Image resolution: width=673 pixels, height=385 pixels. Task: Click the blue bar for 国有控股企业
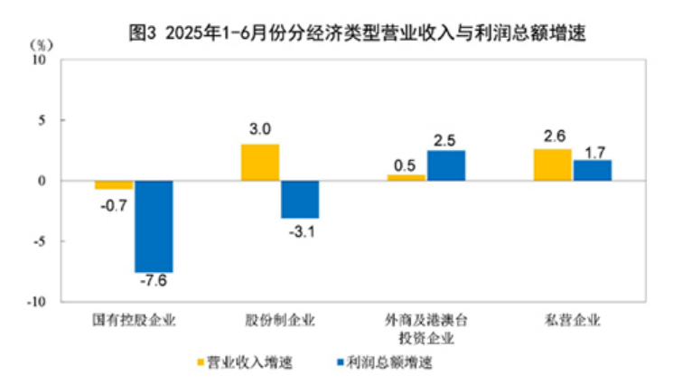154,226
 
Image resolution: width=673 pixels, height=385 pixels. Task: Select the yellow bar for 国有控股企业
114,185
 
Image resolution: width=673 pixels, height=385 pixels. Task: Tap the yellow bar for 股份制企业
260,163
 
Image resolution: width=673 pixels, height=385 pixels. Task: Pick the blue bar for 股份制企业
299,200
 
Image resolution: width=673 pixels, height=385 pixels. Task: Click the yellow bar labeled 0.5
407,178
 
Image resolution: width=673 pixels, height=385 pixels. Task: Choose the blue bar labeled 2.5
445,165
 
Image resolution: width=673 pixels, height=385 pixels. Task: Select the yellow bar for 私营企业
552,164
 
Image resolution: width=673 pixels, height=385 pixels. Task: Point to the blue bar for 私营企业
592,170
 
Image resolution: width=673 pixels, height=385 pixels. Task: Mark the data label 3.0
260,130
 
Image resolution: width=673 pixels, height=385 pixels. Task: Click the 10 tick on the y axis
39,60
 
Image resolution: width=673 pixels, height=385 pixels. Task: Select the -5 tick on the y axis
42,241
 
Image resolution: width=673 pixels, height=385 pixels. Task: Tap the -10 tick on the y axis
37,302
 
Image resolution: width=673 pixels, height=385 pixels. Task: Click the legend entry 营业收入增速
249,363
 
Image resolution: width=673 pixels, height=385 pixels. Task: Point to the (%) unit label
42,42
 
